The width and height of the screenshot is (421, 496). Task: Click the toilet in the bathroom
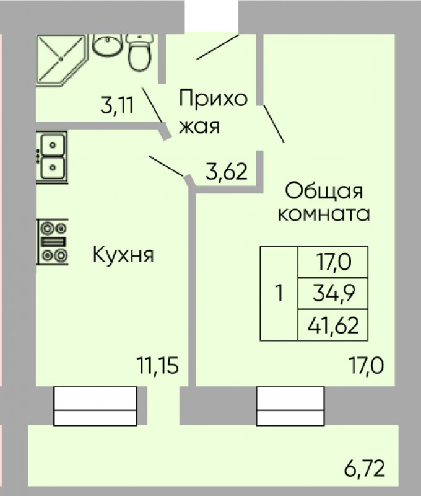pos(139,53)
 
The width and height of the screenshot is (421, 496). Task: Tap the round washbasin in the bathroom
pos(107,45)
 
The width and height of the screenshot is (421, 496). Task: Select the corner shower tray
pos(61,60)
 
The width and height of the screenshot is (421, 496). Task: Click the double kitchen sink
pos(52,157)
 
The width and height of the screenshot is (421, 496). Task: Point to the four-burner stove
pos(53,241)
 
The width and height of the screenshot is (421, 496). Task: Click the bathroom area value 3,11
pos(118,105)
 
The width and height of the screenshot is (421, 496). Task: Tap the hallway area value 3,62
pos(226,171)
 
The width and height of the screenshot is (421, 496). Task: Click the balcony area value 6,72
pos(365,469)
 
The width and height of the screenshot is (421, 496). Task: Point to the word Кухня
pos(123,254)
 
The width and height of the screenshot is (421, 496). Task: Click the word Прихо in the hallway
pos(213,99)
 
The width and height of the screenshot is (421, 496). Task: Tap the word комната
pos(324,214)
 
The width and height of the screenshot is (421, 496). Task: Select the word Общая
pos(324,191)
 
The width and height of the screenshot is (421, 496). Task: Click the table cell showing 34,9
pos(333,293)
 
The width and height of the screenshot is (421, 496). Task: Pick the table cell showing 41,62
pos(333,325)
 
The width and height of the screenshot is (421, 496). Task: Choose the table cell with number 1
pos(279,293)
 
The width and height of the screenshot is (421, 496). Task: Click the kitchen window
pos(95,406)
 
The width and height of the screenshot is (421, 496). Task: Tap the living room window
pos(290,406)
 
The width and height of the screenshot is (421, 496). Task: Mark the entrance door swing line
pos(217,47)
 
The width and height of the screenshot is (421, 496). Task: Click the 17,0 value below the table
pos(367,365)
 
